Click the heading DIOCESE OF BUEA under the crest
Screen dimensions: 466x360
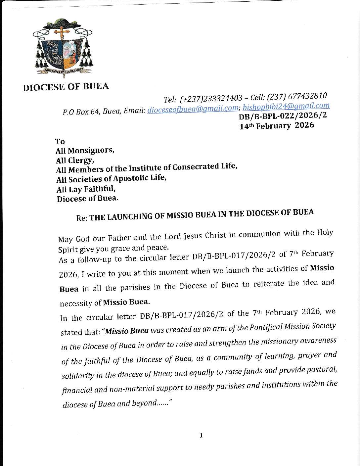(66, 87)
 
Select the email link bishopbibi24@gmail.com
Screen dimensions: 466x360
(286, 106)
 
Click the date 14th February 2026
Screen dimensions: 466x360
(277, 125)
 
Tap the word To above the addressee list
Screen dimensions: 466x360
(60, 142)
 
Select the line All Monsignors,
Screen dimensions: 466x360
(85, 151)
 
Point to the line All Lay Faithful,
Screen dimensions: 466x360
(86, 189)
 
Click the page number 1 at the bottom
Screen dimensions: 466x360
(201, 436)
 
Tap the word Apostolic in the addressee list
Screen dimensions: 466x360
(130, 178)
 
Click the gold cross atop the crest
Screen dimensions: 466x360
(61, 33)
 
